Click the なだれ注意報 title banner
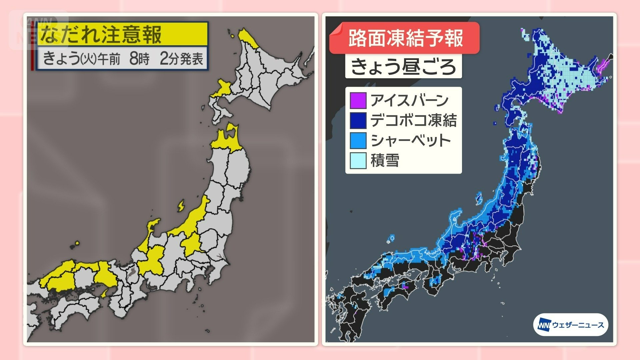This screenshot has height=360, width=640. click(x=122, y=34)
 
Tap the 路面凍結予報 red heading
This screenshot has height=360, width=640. click(x=405, y=38)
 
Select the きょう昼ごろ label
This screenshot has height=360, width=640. click(x=403, y=67)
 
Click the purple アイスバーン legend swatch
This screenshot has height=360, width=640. click(x=358, y=100)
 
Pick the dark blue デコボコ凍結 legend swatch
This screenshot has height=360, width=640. click(x=358, y=120)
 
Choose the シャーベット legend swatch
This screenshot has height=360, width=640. click(x=358, y=140)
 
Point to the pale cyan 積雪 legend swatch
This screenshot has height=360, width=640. click(x=358, y=160)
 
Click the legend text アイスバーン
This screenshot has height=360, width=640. click(x=409, y=100)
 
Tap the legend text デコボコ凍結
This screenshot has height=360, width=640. click(x=413, y=120)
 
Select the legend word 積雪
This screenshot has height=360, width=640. click(x=385, y=161)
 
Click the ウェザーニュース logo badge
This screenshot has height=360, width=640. click(x=571, y=325)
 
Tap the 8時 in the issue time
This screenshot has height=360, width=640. click(x=139, y=59)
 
